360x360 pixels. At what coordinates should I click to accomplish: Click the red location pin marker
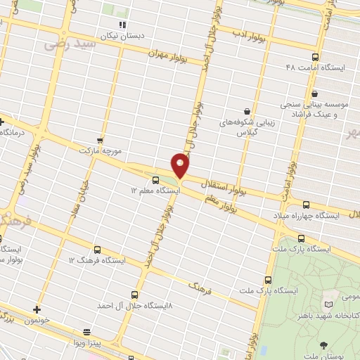pyautogui.click(x=181, y=165)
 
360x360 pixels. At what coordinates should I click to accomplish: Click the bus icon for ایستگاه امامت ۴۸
pyautogui.click(x=314, y=58)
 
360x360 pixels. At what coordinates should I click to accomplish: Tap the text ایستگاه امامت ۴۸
pyautogui.click(x=315, y=68)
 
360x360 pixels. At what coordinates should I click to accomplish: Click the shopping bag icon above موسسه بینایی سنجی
pyautogui.click(x=314, y=93)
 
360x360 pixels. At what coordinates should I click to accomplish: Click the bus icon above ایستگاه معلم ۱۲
pyautogui.click(x=155, y=179)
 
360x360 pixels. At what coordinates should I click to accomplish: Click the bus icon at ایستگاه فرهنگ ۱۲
pyautogui.click(x=96, y=250)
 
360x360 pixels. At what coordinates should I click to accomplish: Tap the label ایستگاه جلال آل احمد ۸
pyautogui.click(x=135, y=306)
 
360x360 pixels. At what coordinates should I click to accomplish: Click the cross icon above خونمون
pyautogui.click(x=37, y=309)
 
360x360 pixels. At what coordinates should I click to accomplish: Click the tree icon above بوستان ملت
pyautogui.click(x=323, y=345)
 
